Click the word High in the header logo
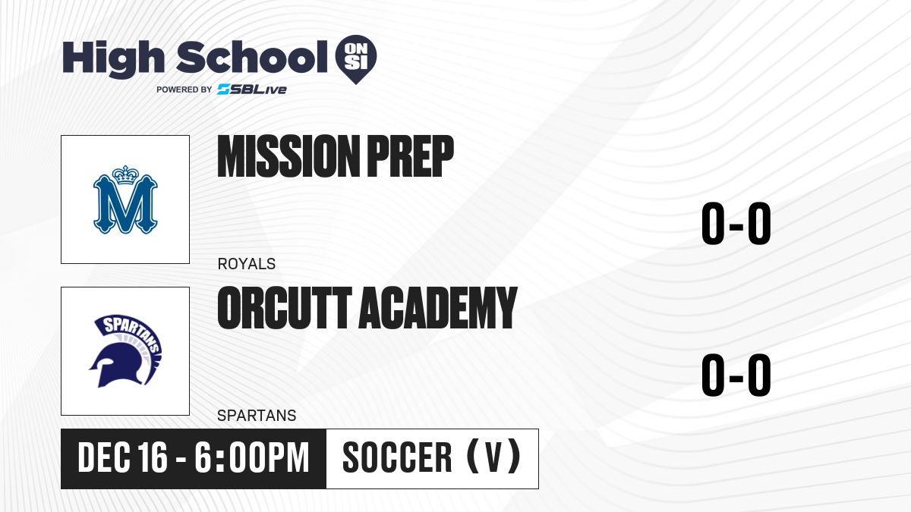point(113,59)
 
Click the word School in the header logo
point(252,57)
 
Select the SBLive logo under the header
point(252,90)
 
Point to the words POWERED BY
point(184,90)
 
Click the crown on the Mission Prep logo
point(125,175)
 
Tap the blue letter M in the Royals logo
point(125,204)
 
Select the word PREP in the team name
point(411,156)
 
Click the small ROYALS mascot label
point(247,264)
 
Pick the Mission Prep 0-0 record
point(736,224)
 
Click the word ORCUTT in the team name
point(285,308)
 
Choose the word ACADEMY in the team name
point(437,308)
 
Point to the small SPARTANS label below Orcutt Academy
point(257,416)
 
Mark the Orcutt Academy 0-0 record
point(736,375)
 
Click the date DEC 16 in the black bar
point(122,458)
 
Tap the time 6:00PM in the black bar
point(252,458)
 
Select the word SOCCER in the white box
point(397,458)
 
